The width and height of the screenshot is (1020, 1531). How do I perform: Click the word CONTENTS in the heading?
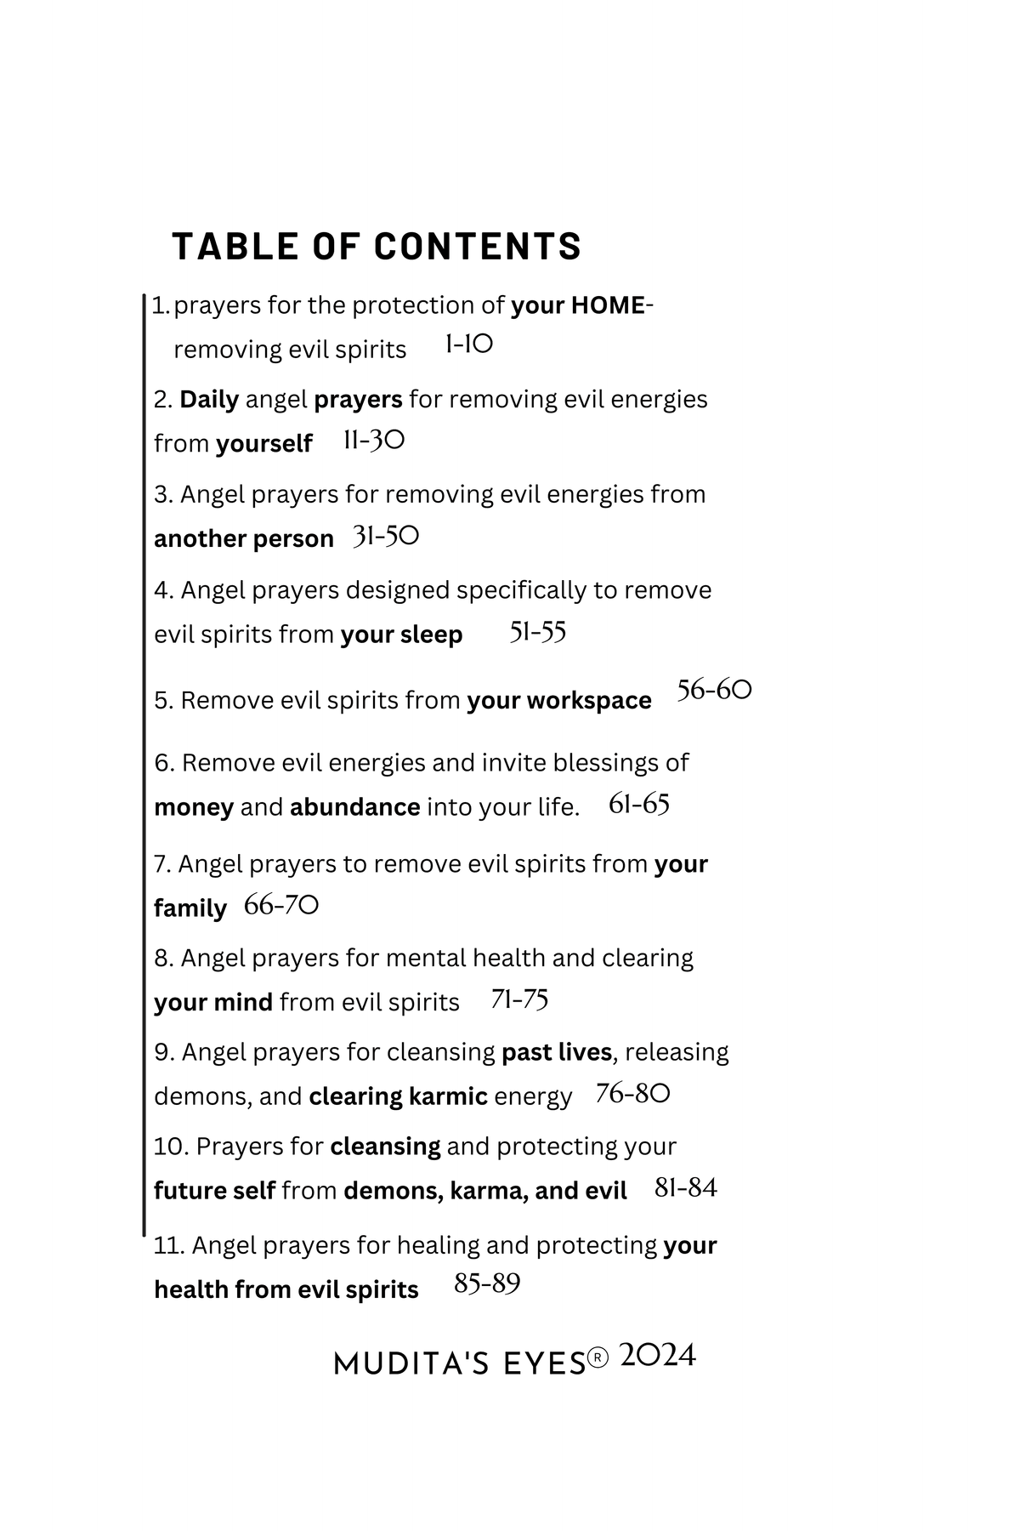pos(477,247)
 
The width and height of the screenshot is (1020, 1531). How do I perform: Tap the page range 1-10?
pos(468,344)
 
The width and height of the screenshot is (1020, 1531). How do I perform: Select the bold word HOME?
pos(608,305)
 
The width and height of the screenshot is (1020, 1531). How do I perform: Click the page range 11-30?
pos(374,441)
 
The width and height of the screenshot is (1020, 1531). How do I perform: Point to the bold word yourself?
pos(264,444)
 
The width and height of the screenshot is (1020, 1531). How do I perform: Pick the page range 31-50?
pos(386,537)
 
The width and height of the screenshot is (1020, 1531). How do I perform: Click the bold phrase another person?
pos(244,539)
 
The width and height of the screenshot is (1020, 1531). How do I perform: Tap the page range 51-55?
pos(537,633)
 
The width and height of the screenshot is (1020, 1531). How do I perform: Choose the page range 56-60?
pos(714,690)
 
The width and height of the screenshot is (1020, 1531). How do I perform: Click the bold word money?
pos(194,807)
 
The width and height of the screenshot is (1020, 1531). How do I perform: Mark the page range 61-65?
pos(639,805)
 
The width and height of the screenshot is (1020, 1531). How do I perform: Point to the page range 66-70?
pos(281,906)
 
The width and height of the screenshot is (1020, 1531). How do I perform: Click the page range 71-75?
pos(519,999)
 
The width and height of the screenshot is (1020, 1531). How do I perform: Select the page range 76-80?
pos(633,1094)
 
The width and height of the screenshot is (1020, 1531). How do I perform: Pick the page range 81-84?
pos(686,1188)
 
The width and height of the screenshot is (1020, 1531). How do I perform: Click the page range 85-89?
pos(487,1284)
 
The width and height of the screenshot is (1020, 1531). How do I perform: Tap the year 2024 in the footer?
pos(658,1356)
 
